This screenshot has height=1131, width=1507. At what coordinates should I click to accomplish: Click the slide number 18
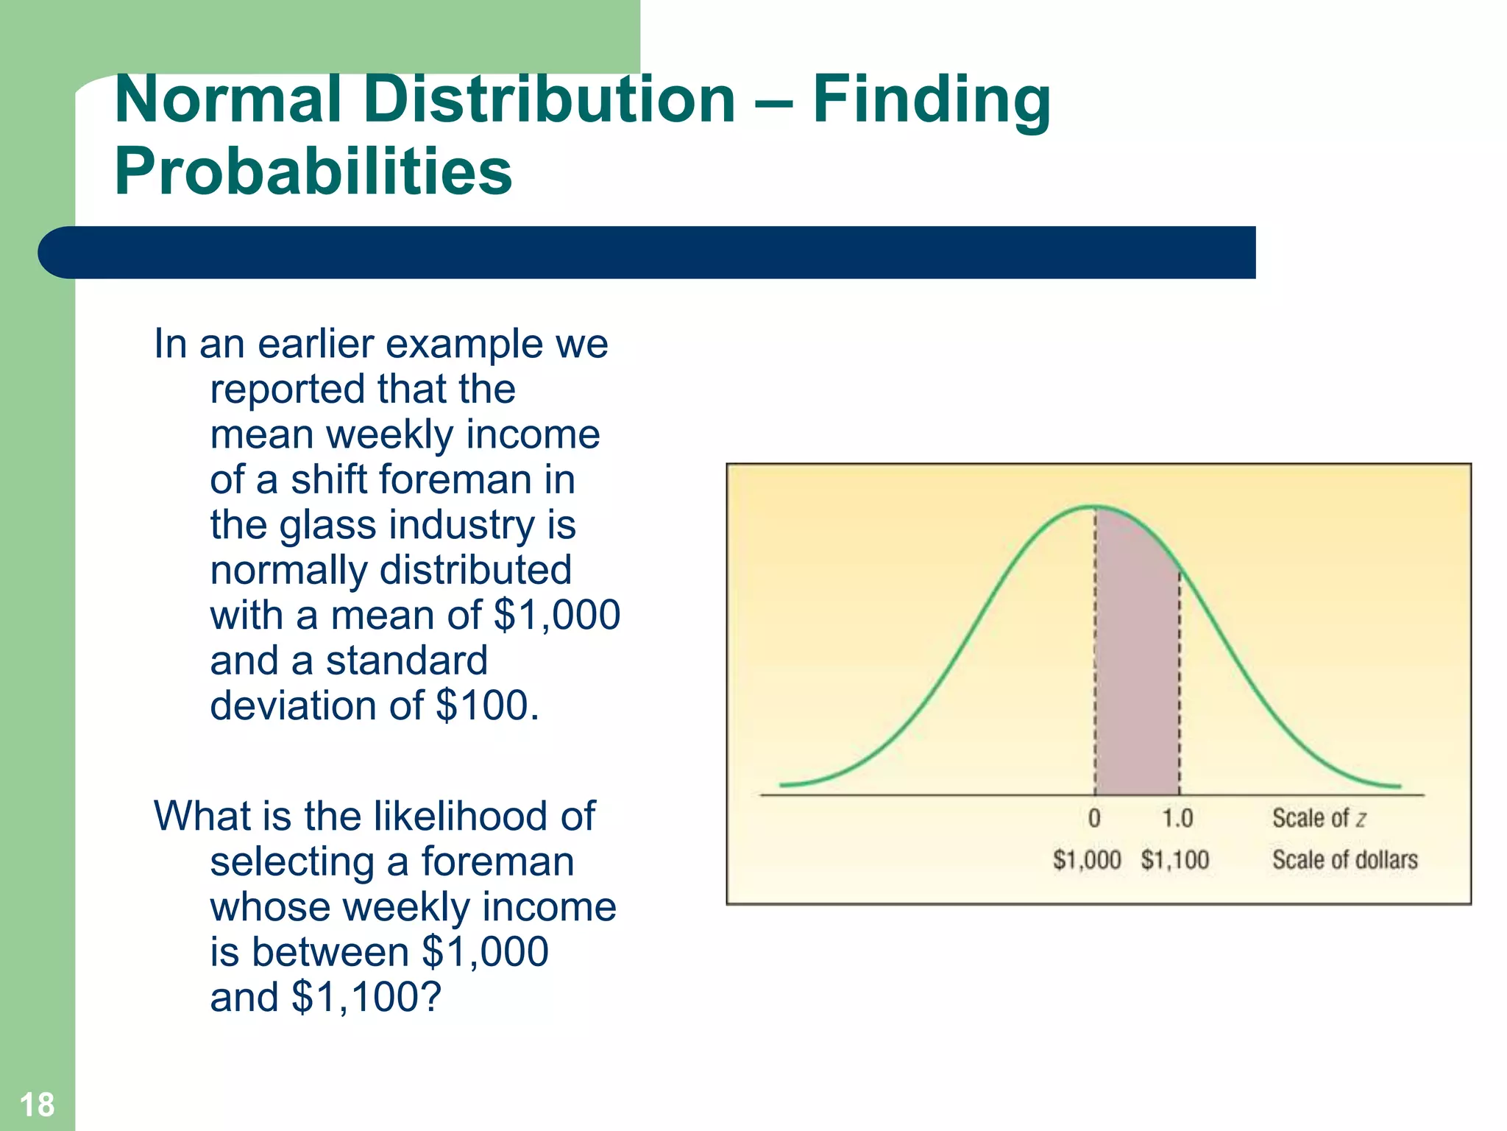(37, 1104)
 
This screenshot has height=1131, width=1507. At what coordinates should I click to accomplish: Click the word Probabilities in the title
(313, 171)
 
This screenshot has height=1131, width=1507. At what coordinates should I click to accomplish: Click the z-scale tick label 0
(1094, 818)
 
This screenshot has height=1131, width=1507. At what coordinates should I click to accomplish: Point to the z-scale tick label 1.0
(1177, 818)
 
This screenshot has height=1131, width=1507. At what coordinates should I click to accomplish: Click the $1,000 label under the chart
(1087, 859)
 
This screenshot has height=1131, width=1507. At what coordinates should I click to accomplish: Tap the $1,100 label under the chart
(1175, 859)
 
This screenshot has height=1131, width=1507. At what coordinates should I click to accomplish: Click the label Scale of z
(1319, 818)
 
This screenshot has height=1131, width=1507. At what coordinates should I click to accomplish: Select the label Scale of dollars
(1344, 859)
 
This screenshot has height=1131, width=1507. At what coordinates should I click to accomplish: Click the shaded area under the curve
(1137, 663)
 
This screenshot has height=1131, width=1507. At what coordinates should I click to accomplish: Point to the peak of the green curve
(1094, 507)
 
